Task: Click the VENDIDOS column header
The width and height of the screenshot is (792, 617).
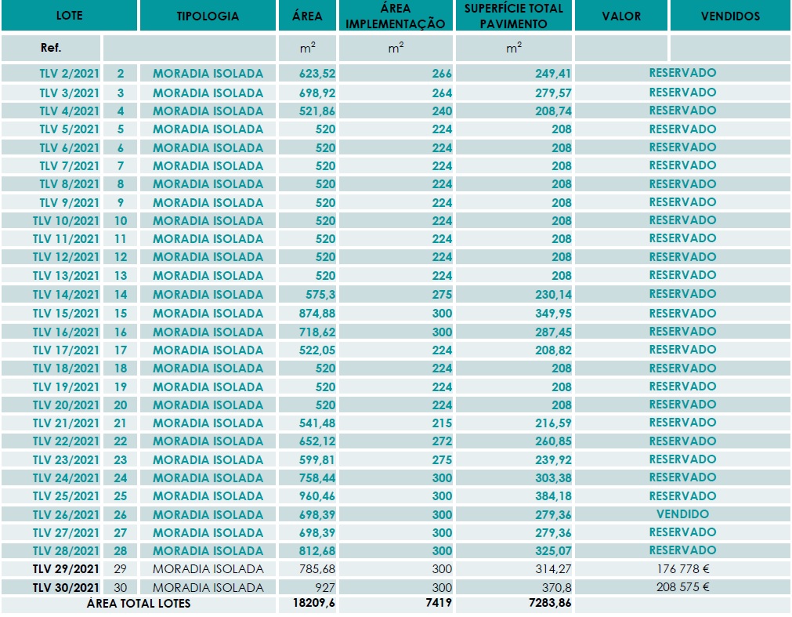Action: (x=730, y=16)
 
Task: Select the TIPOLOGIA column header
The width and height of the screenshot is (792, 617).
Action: (x=208, y=16)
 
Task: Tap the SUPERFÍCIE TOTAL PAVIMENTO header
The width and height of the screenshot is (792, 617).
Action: (x=513, y=16)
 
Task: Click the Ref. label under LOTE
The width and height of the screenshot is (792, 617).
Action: (x=50, y=48)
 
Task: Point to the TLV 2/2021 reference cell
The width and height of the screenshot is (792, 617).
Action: (x=69, y=74)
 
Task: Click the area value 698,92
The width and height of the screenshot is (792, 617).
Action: (x=316, y=93)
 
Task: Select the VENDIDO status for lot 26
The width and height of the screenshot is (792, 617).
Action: (x=682, y=514)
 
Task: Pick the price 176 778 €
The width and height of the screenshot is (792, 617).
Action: (x=682, y=569)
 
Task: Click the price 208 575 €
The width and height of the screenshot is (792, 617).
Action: (x=682, y=587)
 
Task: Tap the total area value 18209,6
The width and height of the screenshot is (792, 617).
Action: (x=313, y=603)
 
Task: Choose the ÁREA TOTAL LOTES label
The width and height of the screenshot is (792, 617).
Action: (x=139, y=604)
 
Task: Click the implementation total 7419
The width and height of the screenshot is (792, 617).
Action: (x=439, y=603)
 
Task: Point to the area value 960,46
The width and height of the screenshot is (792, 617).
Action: (x=316, y=496)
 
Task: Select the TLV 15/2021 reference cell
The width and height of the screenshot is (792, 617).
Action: (x=66, y=314)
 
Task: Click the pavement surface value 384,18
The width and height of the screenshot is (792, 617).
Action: (x=553, y=496)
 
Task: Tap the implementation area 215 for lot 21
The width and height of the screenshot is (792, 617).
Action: (x=442, y=423)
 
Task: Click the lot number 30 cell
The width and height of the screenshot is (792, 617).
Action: (x=120, y=588)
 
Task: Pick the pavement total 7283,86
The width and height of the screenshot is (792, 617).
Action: (x=550, y=603)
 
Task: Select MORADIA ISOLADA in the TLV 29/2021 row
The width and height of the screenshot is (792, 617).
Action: (x=208, y=569)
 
